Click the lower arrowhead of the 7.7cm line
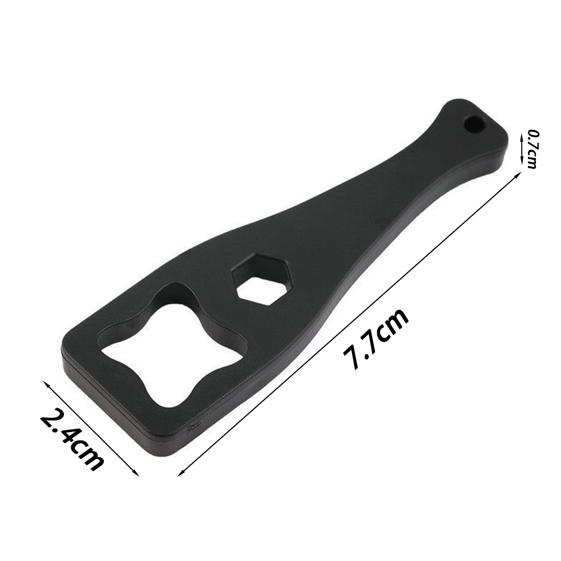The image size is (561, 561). (x=180, y=474)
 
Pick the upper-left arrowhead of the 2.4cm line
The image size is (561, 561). (x=45, y=383)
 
